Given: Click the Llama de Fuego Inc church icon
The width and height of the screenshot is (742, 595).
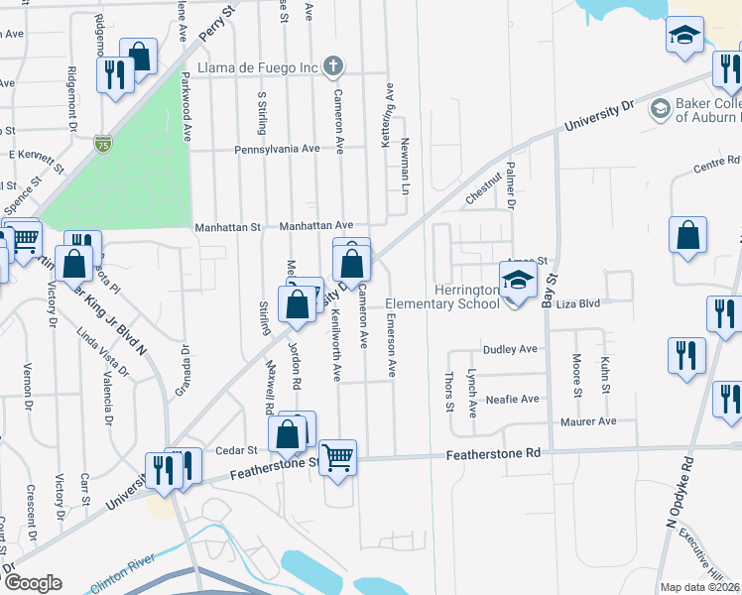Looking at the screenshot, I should pyautogui.click(x=334, y=67).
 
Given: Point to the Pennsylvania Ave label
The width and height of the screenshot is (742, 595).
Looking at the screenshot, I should pyautogui.click(x=277, y=149).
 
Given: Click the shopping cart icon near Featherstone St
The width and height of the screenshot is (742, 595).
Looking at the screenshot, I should pyautogui.click(x=338, y=457).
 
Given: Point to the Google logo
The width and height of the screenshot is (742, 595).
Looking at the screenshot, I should pyautogui.click(x=32, y=583).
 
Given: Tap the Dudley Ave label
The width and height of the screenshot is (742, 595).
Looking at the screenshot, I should pyautogui.click(x=510, y=349).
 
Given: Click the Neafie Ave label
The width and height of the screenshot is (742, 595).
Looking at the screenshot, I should pyautogui.click(x=513, y=399).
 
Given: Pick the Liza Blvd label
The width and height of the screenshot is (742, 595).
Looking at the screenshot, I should pyautogui.click(x=579, y=304).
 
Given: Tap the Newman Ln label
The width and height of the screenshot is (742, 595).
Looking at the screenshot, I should pyautogui.click(x=405, y=165).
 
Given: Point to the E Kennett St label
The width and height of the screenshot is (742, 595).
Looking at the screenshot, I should pyautogui.click(x=36, y=155).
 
